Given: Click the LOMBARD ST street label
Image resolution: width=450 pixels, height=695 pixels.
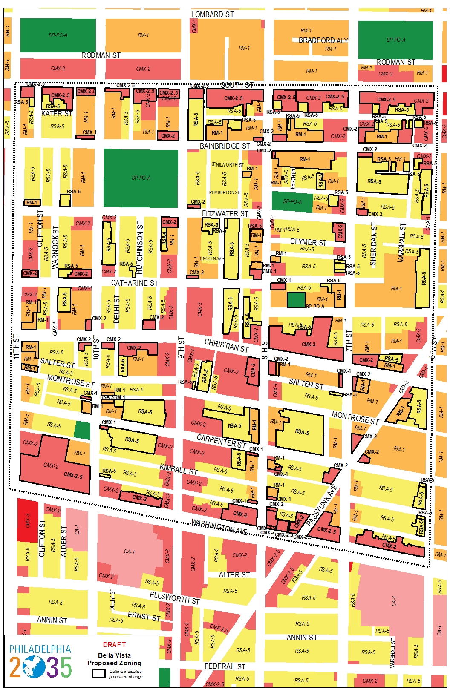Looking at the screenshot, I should click(x=212, y=14).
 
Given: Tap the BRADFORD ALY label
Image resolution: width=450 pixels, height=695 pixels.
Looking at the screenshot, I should click(x=323, y=40).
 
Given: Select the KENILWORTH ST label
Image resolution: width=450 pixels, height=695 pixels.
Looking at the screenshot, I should click(x=227, y=165).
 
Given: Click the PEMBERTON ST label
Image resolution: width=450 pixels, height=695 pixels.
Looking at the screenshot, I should click(x=224, y=192).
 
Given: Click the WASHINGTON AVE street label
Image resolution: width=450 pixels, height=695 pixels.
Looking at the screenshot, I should click(x=219, y=526).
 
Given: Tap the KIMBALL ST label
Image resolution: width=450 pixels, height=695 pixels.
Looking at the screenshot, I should click(x=179, y=469).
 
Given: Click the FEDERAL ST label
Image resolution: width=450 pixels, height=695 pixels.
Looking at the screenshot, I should click(x=225, y=666).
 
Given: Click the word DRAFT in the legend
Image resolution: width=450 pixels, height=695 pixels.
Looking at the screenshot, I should click(x=114, y=644).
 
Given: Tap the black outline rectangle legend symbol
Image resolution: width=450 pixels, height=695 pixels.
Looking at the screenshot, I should click(x=98, y=674).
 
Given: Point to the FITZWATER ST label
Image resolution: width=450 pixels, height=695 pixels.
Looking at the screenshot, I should click(x=225, y=214).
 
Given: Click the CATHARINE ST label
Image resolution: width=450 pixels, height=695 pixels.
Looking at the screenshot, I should click(x=134, y=283).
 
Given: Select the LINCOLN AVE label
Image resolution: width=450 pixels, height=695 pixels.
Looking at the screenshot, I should click(x=211, y=258).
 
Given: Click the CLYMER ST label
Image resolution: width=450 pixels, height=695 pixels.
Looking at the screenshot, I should click(x=308, y=242).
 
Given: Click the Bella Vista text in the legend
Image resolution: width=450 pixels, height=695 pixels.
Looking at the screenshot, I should click(x=114, y=655).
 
